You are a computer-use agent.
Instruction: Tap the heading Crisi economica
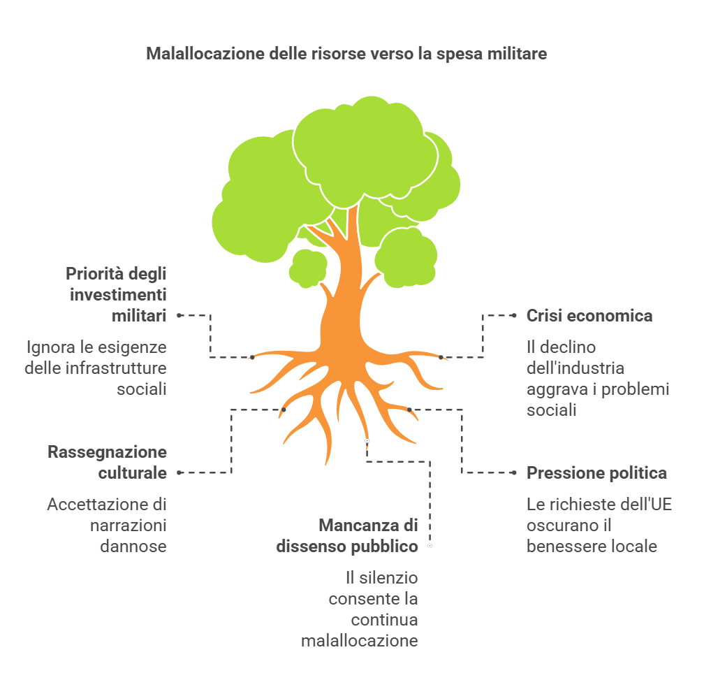tap(589, 316)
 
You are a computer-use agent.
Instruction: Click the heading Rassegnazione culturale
tap(108, 462)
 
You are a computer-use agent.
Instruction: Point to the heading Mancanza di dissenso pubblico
tap(348, 535)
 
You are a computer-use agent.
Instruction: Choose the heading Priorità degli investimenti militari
tap(117, 294)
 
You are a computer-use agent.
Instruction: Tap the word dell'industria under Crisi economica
tap(575, 368)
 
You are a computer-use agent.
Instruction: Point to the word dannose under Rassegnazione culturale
tap(133, 546)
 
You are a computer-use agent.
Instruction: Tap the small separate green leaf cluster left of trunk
tap(307, 267)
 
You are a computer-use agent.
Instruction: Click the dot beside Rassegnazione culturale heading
tap(179, 472)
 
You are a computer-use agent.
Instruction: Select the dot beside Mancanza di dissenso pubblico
tap(430, 546)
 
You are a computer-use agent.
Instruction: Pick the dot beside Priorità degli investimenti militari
tap(179, 315)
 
